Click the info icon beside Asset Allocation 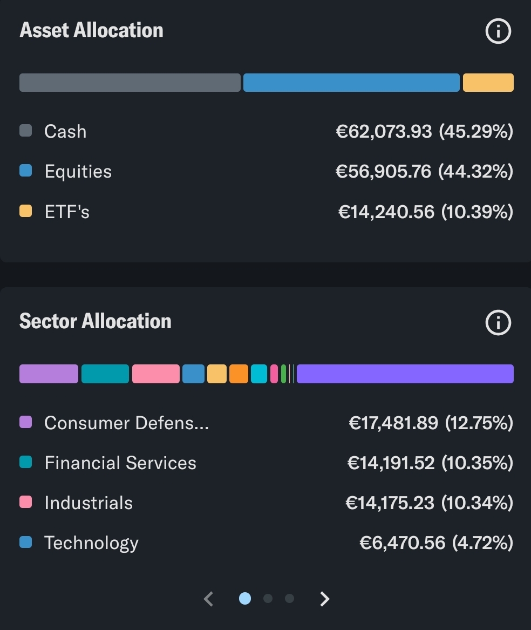[x=498, y=31]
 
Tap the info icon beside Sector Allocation [x=498, y=323]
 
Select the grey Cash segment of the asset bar [x=130, y=83]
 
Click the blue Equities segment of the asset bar [x=351, y=83]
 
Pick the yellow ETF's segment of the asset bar [x=488, y=83]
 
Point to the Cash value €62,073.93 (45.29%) [x=424, y=131]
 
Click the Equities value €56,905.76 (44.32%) [x=424, y=172]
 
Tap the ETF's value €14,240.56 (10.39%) [x=425, y=212]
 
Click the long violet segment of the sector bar [x=405, y=374]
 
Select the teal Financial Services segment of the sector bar [x=105, y=374]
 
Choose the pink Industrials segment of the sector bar [x=155, y=374]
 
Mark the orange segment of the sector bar [x=239, y=374]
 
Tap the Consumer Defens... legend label [x=126, y=423]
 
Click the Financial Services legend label [x=120, y=463]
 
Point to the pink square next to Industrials [x=25, y=502]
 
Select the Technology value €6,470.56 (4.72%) [x=436, y=543]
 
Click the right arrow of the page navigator [x=324, y=599]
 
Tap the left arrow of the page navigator [x=209, y=599]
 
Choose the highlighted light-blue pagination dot [x=245, y=598]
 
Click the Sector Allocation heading [x=96, y=321]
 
